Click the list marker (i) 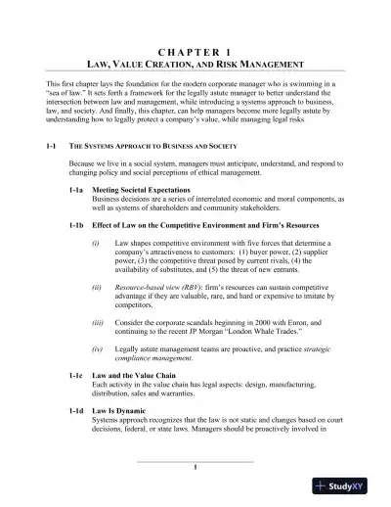tap(96, 241)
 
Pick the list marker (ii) tap(97, 290)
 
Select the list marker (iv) tap(97, 349)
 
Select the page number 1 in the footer tap(195, 467)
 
